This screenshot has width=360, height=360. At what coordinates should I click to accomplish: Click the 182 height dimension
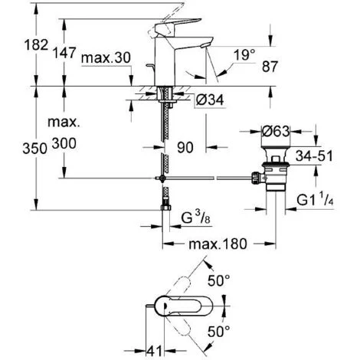click(36, 45)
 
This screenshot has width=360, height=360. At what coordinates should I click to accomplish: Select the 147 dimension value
click(64, 53)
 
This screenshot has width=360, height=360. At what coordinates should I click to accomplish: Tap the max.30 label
click(106, 58)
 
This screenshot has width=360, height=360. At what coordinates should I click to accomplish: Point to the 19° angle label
click(244, 54)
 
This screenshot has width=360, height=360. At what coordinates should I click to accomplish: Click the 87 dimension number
click(270, 67)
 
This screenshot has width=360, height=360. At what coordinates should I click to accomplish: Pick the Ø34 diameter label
click(210, 100)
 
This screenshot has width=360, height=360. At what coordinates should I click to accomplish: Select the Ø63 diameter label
click(276, 132)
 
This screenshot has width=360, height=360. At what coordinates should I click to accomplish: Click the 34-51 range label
click(314, 155)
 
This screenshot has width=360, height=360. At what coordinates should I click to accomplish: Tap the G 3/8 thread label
click(196, 218)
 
